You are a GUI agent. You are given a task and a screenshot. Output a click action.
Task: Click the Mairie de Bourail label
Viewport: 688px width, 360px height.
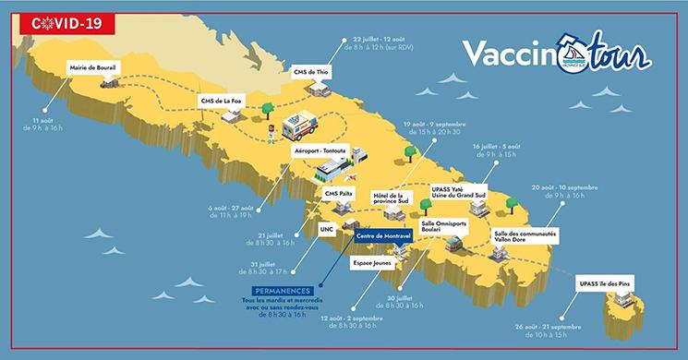tap(92, 68)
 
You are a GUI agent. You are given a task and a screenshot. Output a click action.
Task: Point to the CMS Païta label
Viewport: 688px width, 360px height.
tap(340, 194)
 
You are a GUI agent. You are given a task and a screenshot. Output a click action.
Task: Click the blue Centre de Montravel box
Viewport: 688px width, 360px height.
tap(385, 235)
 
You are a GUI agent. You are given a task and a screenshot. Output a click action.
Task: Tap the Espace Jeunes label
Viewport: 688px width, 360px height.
tap(369, 262)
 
